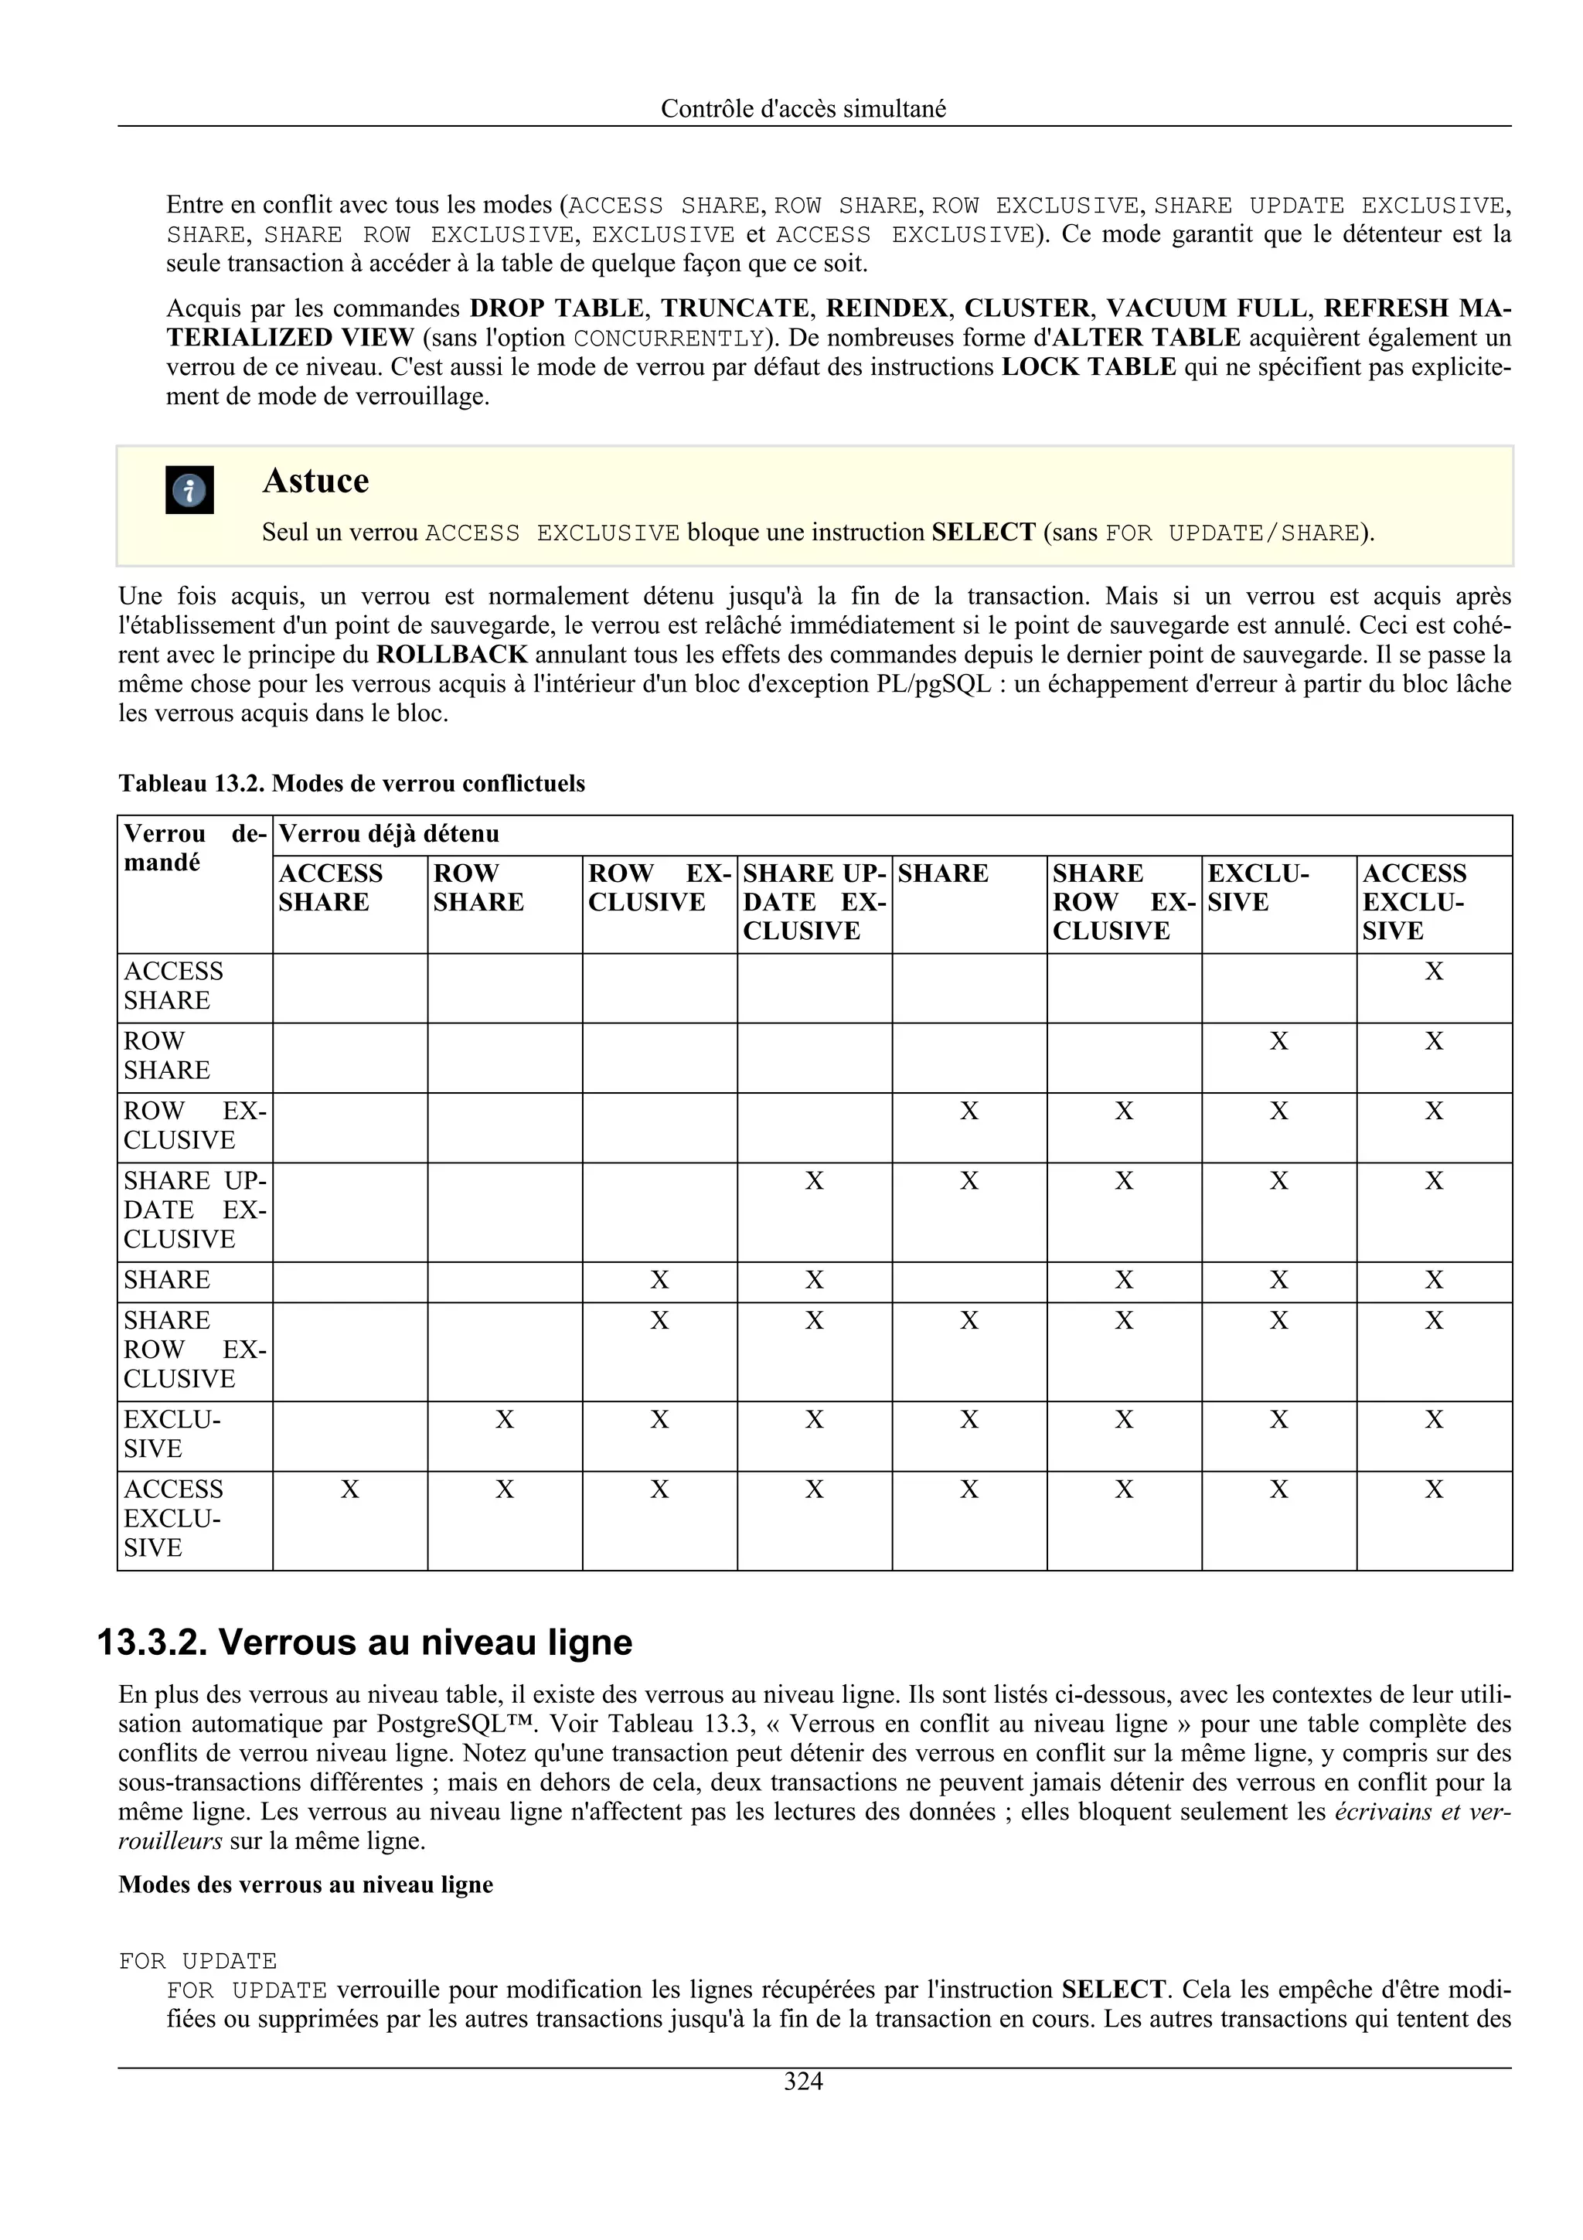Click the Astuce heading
(x=315, y=481)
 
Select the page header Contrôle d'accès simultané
(x=803, y=108)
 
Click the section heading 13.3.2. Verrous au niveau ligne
(x=365, y=1642)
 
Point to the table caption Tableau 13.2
(x=351, y=784)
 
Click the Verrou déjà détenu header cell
(x=389, y=834)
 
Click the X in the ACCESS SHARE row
(x=1433, y=972)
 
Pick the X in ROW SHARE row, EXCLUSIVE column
(x=1278, y=1042)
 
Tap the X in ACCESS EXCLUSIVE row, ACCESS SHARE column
(x=349, y=1489)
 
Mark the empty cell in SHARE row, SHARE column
(x=969, y=1281)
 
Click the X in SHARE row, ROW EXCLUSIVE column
(x=659, y=1280)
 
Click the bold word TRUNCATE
(x=734, y=308)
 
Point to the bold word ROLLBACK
(x=451, y=655)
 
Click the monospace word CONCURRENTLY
(x=668, y=339)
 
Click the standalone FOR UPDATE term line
(x=198, y=1961)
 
